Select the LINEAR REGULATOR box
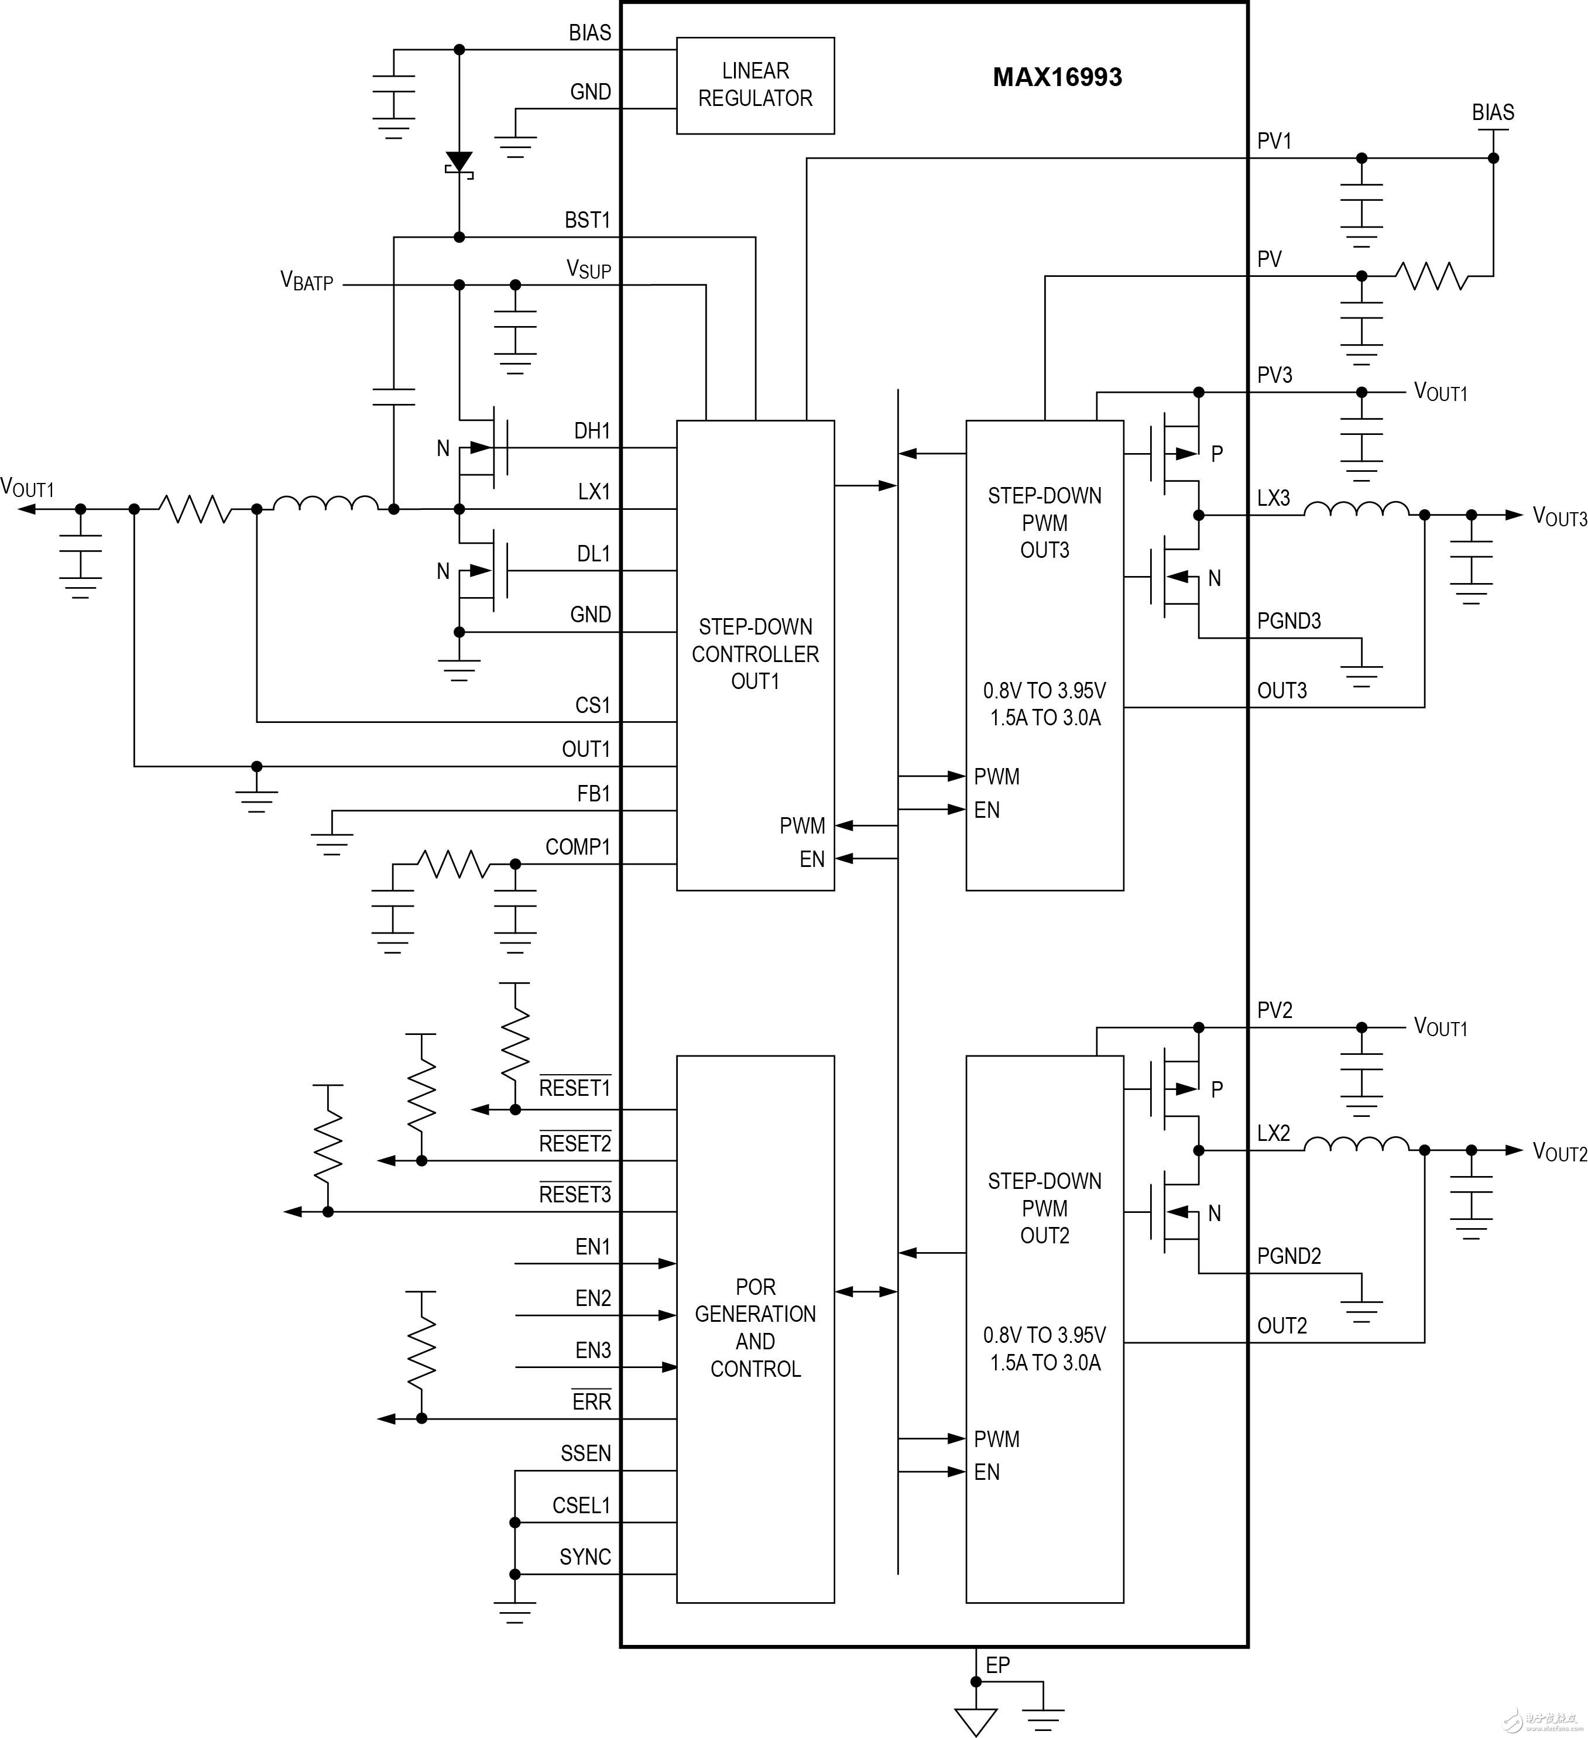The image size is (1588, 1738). pos(755,85)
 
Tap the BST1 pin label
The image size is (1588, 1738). pos(587,221)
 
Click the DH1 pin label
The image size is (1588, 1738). pos(592,431)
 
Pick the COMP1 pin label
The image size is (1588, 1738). pos(578,848)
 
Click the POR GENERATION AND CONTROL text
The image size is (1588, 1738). pos(755,1328)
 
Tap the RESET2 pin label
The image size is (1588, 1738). pos(575,1144)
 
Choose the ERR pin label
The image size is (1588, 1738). pos(591,1402)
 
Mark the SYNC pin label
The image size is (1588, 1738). pos(585,1557)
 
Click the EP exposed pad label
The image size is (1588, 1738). pos(997,1665)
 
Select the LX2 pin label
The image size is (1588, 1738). pos(1273,1134)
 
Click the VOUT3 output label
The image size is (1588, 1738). pos(1559,517)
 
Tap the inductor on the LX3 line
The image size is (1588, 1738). pos(1356,510)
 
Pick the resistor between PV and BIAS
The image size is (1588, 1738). pos(1432,277)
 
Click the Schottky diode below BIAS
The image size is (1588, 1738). pos(459,163)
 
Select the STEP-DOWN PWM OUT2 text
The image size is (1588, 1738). pos(1045,1208)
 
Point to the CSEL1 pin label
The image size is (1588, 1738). pos(581,1505)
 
